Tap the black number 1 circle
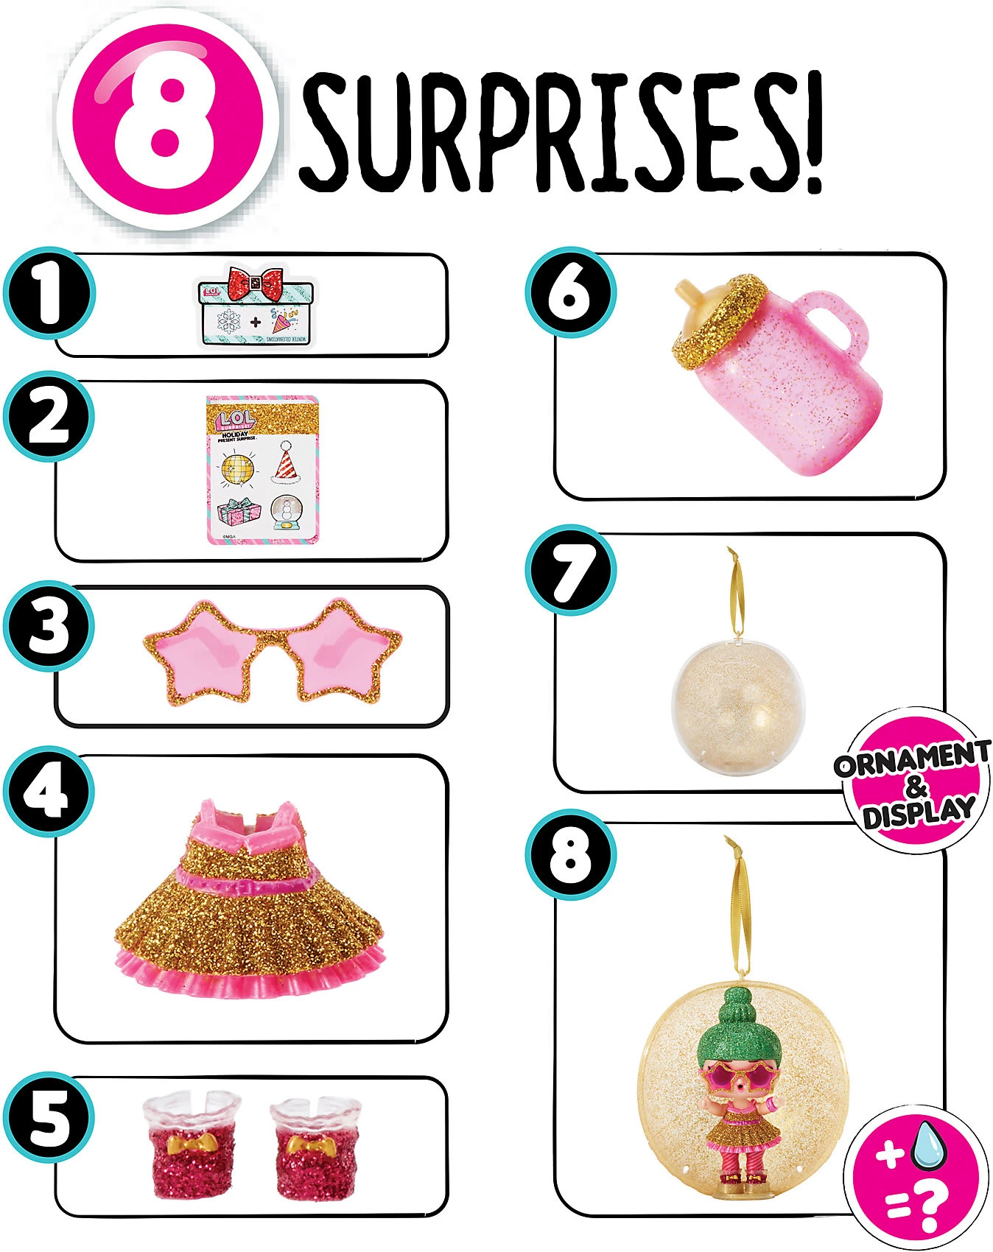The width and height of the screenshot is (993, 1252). click(x=49, y=293)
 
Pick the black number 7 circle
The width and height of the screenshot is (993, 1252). click(x=570, y=570)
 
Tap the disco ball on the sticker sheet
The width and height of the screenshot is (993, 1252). click(x=237, y=468)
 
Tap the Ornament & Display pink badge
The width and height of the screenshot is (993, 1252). click(x=913, y=784)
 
